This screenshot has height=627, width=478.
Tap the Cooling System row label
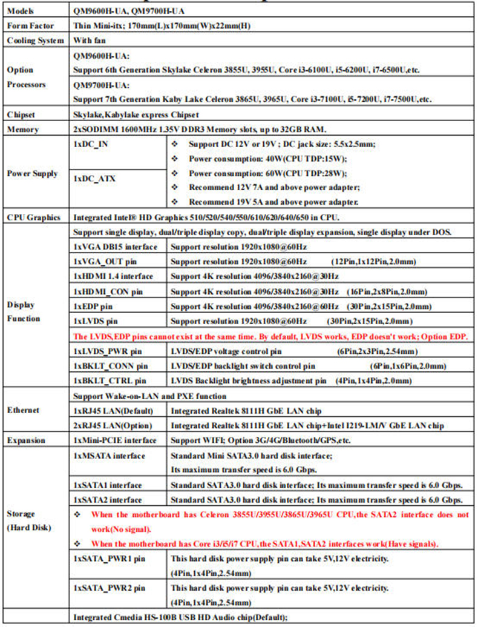35,41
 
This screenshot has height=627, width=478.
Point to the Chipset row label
22,114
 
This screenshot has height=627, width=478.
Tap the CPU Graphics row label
33,217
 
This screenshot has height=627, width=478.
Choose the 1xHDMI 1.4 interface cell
116,276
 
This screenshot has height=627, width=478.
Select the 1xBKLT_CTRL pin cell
110,380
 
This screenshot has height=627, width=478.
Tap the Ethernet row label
24,410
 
